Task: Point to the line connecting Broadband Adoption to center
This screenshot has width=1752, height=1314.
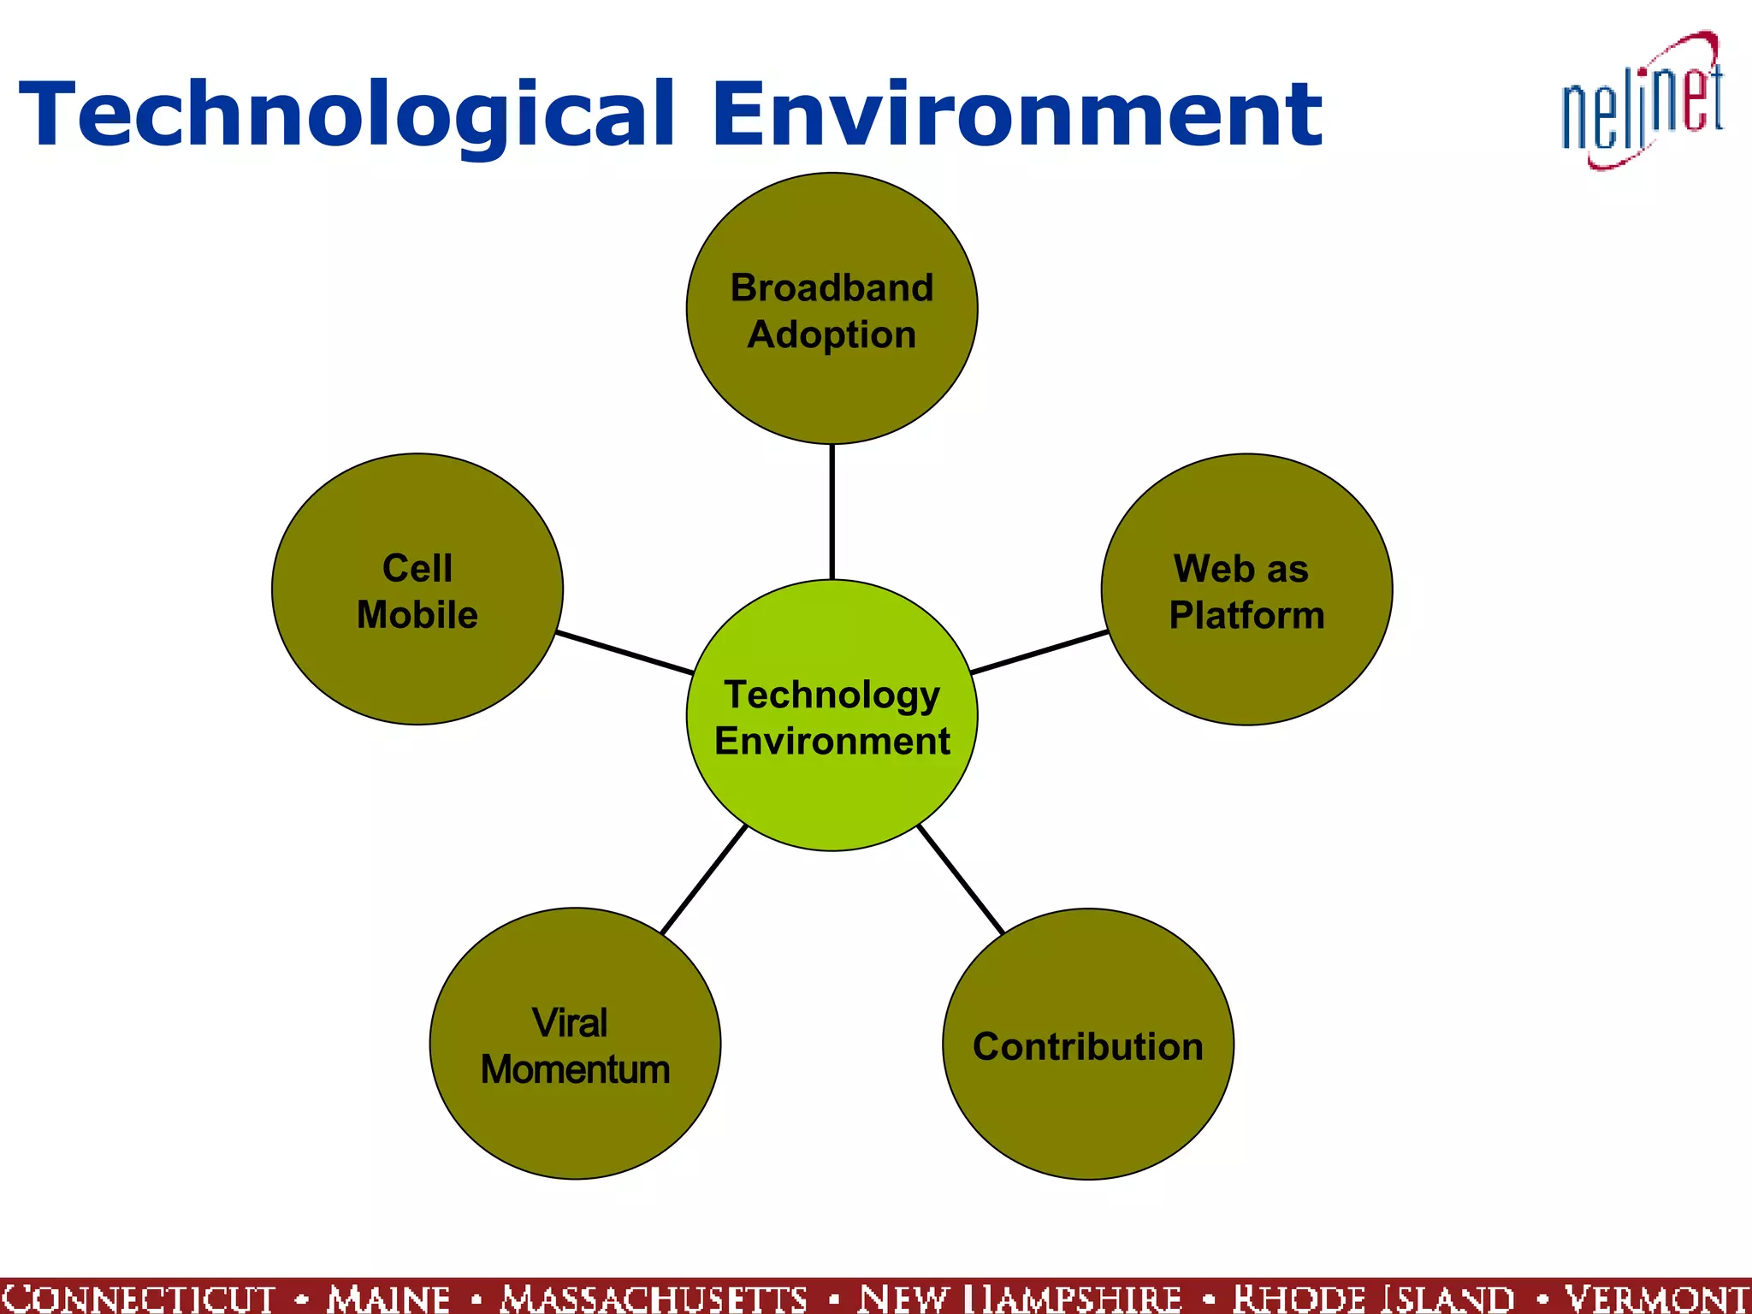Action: point(832,512)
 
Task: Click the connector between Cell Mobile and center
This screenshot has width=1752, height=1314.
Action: point(624,652)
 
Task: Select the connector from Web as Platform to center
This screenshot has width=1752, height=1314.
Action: point(1039,652)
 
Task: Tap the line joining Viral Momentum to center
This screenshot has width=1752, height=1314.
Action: point(704,879)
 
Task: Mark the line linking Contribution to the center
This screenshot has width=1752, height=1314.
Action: point(960,879)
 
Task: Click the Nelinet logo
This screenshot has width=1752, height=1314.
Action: point(1642,103)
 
